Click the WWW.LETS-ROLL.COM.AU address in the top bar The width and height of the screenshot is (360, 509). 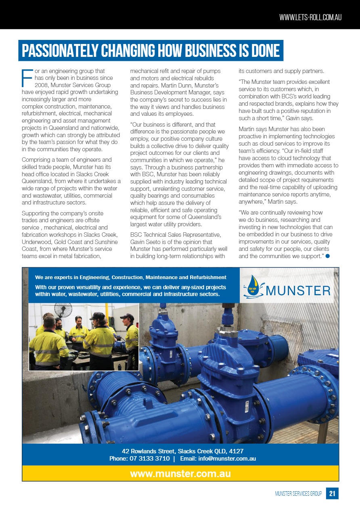[x=310, y=18]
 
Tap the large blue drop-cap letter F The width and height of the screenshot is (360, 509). [x=27, y=78]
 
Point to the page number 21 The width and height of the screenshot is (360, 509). [x=332, y=493]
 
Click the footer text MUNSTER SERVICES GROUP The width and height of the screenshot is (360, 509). [x=298, y=494]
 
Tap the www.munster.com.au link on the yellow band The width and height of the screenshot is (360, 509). [x=180, y=474]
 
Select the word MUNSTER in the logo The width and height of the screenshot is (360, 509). [x=298, y=290]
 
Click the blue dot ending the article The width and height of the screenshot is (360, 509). [x=328, y=256]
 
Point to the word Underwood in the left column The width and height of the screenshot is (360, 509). [x=36, y=241]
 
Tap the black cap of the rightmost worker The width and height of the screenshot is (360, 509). [x=126, y=317]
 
